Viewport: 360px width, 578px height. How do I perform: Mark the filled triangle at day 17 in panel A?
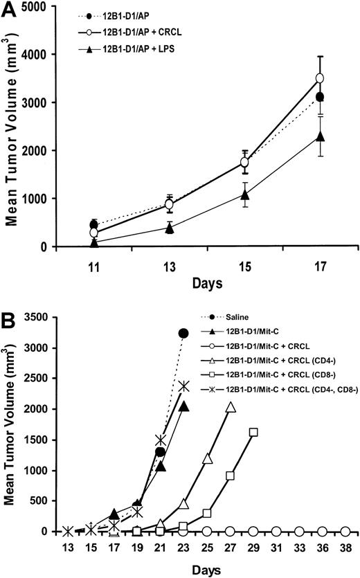(319, 136)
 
